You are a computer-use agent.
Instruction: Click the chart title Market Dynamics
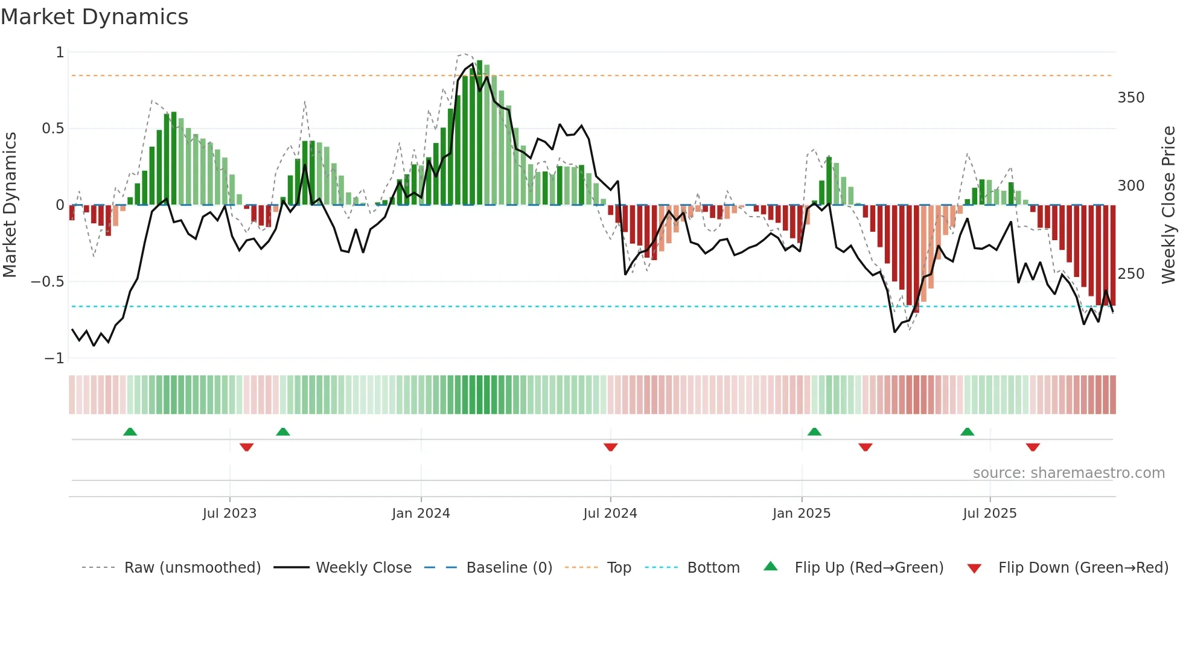pyautogui.click(x=95, y=17)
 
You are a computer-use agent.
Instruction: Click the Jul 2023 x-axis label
pyautogui.click(x=229, y=514)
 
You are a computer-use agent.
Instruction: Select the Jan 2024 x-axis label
pyautogui.click(x=421, y=514)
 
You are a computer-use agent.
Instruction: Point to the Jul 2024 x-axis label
pyautogui.click(x=610, y=514)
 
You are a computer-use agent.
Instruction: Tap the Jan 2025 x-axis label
pyautogui.click(x=802, y=514)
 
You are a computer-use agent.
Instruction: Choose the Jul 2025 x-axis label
pyautogui.click(x=990, y=514)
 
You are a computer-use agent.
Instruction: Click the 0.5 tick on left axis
pyautogui.click(x=53, y=129)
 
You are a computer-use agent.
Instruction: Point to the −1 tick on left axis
pyautogui.click(x=54, y=358)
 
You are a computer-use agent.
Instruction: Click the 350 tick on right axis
pyautogui.click(x=1130, y=98)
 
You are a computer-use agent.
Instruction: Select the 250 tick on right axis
pyautogui.click(x=1130, y=274)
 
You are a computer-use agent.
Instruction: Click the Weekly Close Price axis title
pyautogui.click(x=1169, y=205)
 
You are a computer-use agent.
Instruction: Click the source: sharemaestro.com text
pyautogui.click(x=1068, y=473)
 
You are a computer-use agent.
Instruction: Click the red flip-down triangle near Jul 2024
pyautogui.click(x=610, y=447)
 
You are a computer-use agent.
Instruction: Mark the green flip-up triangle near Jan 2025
pyautogui.click(x=814, y=431)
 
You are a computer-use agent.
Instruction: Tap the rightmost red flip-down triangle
pyautogui.click(x=1033, y=447)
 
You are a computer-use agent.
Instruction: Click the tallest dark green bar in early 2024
pyautogui.click(x=479, y=133)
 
